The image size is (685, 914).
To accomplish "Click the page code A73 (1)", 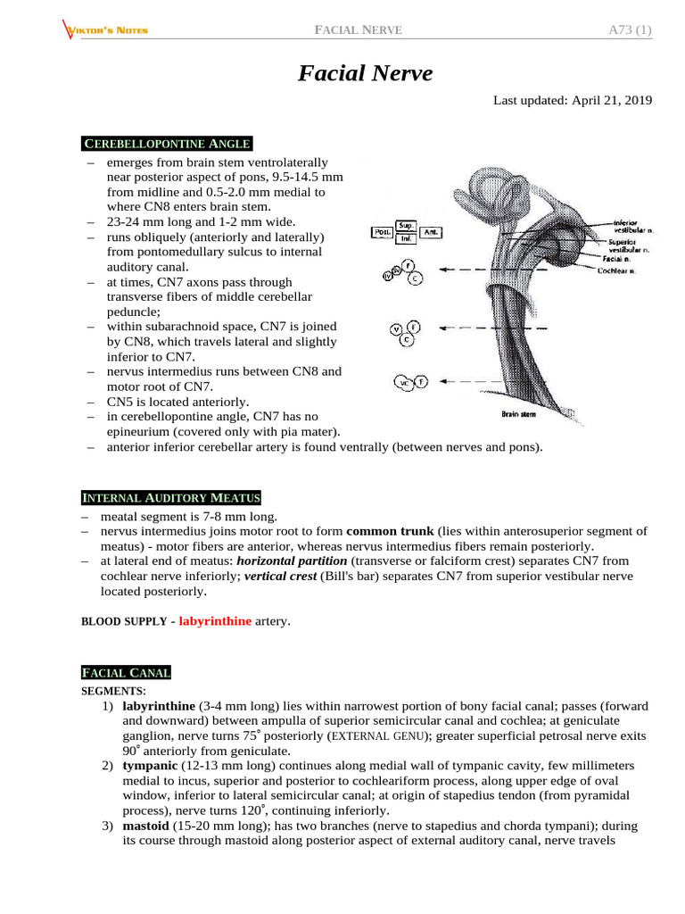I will [x=630, y=31].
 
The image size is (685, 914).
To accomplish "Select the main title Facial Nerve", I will [x=365, y=73].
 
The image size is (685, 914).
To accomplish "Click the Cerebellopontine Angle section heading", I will [x=167, y=144].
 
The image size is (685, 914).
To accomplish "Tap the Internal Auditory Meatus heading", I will [x=171, y=497].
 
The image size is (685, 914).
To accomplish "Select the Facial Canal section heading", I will [x=127, y=672].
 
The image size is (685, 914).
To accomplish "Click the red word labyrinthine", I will [x=215, y=620].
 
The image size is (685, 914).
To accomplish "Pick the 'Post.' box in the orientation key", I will [x=384, y=232].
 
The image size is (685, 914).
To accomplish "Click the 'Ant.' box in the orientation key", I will [x=432, y=232].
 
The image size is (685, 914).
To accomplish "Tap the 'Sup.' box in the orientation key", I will [x=408, y=227].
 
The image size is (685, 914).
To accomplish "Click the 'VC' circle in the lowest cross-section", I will [x=405, y=383].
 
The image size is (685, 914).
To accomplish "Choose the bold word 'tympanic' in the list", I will [x=150, y=765].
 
